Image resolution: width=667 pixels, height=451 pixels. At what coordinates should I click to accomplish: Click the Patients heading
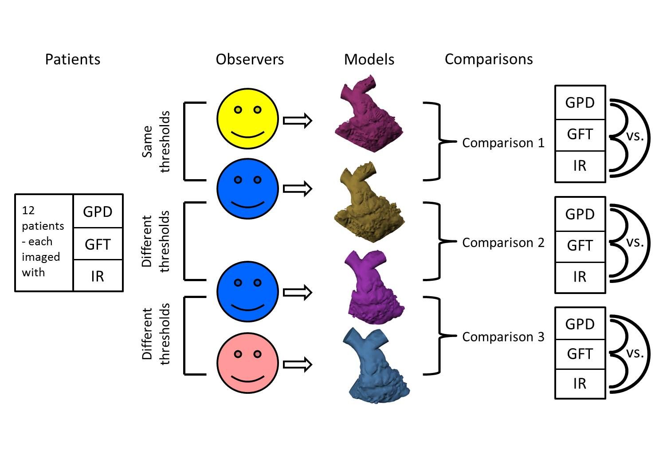(x=73, y=59)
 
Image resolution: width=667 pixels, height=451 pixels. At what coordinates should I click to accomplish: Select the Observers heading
(x=250, y=59)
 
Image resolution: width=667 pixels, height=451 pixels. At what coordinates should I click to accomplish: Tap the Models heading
(x=369, y=59)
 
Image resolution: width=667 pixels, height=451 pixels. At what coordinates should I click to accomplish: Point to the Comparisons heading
(x=489, y=59)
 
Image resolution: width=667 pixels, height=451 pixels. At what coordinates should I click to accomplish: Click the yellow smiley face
(x=247, y=119)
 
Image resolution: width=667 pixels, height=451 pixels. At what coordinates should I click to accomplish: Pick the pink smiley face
(x=247, y=363)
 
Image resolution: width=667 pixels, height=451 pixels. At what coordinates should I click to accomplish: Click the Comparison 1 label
(x=503, y=143)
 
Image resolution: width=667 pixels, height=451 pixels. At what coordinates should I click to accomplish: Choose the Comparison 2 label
(x=503, y=243)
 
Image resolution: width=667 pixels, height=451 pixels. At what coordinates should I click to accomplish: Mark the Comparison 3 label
(x=503, y=337)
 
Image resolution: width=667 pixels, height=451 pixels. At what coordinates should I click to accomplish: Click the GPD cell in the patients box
(x=98, y=212)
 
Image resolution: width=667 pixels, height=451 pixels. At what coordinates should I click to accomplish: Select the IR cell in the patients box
(x=98, y=276)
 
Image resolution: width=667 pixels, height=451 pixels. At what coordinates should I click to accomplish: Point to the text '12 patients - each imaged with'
(x=43, y=242)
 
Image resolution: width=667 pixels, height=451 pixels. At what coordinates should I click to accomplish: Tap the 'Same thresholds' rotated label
(x=156, y=141)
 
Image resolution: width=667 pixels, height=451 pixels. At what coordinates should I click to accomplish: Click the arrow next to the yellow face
(x=298, y=121)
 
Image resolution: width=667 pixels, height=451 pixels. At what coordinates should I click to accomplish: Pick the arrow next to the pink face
(x=298, y=365)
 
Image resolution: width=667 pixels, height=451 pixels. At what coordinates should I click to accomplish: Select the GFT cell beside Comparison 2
(x=580, y=246)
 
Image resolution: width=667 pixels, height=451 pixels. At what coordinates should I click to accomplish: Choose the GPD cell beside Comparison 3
(x=580, y=324)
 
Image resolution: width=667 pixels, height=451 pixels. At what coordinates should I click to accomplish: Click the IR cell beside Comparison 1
(x=580, y=166)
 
